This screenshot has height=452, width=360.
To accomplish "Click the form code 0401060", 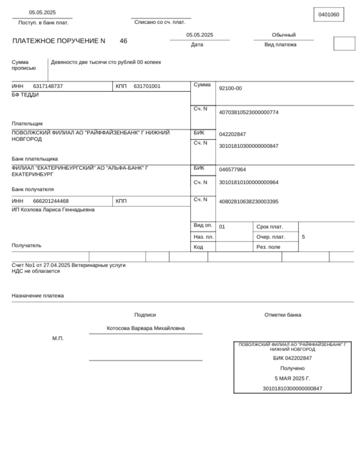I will (x=328, y=14).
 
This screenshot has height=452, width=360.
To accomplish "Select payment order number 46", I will (x=123, y=41).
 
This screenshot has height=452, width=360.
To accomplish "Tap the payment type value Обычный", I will (x=284, y=35).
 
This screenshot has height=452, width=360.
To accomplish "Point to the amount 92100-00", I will (x=230, y=89).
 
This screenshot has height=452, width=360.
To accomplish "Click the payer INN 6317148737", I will (x=48, y=86).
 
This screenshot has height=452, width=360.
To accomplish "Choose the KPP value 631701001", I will (x=147, y=86).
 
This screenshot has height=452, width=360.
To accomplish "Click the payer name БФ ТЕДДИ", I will (x=25, y=95).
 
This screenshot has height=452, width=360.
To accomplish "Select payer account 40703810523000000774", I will (x=248, y=113).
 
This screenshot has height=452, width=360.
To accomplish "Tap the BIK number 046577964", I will (x=232, y=170).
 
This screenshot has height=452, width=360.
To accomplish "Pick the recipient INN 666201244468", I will (x=51, y=201).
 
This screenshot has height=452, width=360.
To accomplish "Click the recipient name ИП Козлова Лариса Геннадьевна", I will (x=53, y=210).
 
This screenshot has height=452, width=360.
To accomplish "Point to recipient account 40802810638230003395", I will (x=248, y=202).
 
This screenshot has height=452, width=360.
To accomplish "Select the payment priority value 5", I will (x=303, y=237).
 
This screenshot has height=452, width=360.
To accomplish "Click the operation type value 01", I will (x=222, y=227).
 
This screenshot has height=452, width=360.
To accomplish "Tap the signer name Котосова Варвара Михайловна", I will (x=145, y=328).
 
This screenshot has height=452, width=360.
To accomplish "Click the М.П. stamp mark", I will (x=58, y=338).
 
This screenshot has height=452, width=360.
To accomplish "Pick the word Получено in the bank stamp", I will (x=292, y=368).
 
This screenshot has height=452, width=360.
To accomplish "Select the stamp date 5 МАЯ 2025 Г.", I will (x=292, y=378).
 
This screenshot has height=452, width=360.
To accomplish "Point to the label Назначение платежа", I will (x=37, y=295).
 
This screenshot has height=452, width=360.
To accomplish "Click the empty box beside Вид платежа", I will (x=344, y=44).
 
